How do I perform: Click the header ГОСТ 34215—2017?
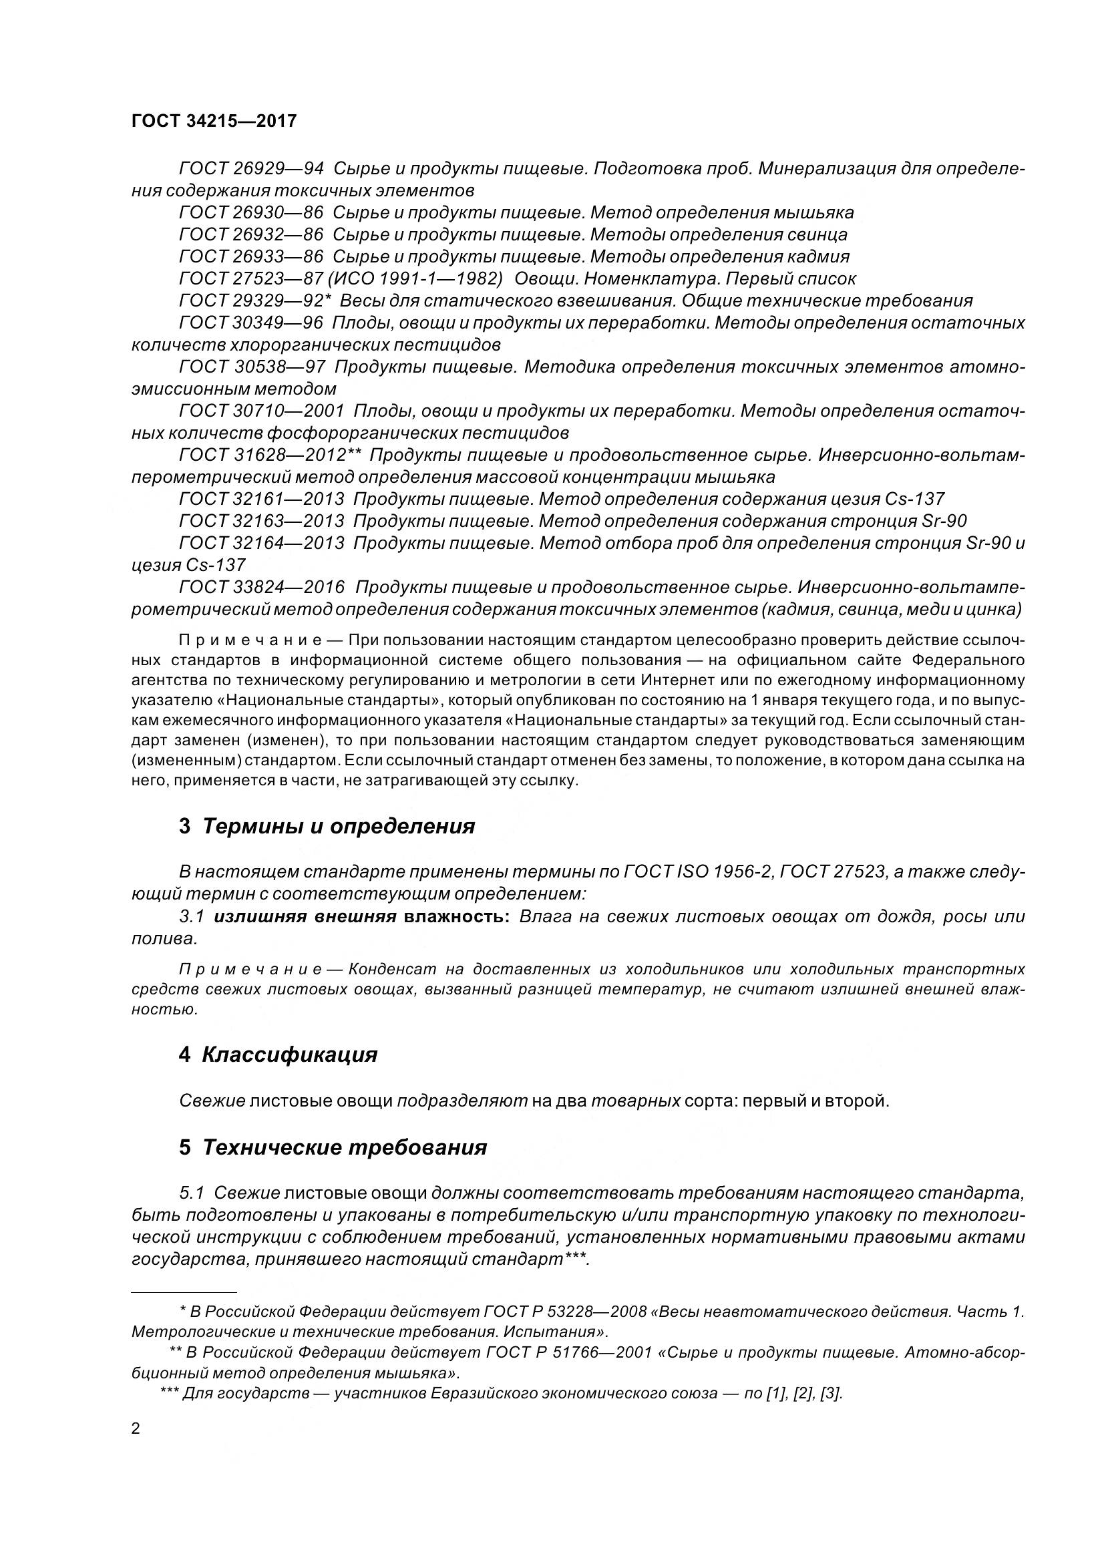(214, 121)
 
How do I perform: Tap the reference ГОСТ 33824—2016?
(261, 587)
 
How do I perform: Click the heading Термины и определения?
(338, 827)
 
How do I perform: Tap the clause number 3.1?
(192, 916)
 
